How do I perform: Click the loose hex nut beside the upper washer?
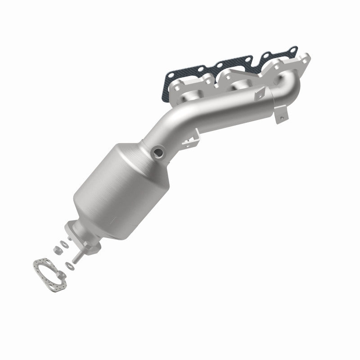click(x=57, y=248)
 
